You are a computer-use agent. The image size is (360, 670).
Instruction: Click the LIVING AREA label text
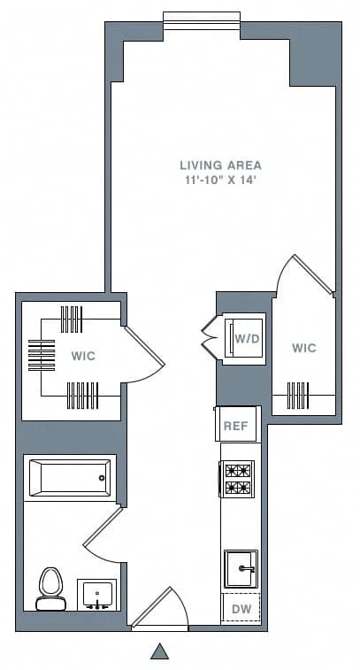pos(220,165)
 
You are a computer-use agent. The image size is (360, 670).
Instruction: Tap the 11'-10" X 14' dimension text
pos(220,180)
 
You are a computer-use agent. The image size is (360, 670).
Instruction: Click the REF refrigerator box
pos(235,426)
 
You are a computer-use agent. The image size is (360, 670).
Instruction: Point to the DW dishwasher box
pos(240,609)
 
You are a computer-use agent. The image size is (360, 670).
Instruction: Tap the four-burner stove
pos(237,479)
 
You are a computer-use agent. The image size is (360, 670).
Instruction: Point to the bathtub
pos(69,478)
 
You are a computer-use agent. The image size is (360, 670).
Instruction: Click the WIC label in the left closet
pos(83,356)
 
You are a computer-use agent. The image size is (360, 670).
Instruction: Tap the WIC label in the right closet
pos(303,348)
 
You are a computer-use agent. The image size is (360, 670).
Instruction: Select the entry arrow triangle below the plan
pos(159,652)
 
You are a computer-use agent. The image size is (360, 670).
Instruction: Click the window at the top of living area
pos(202,19)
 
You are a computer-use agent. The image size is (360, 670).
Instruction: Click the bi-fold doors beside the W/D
pos(211,337)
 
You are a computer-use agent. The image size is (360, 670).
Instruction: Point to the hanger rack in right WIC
pos(303,390)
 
